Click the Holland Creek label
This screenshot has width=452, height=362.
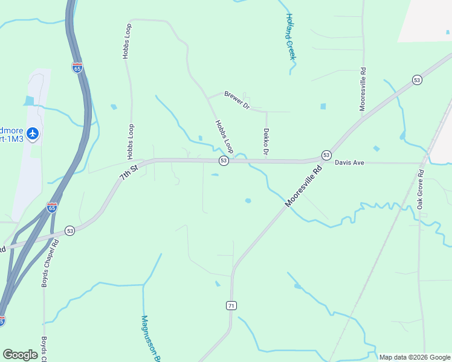coord(290,36)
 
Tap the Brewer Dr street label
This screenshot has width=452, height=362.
coord(237,100)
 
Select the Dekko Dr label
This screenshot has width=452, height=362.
coord(265,142)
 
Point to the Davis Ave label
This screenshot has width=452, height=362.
coord(350,162)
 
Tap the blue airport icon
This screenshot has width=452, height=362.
coord(33,133)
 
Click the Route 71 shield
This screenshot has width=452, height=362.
coord(231,306)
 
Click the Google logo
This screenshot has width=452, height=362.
coord(20,355)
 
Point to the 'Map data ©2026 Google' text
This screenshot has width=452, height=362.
coord(414,357)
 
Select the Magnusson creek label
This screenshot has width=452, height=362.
coord(149,338)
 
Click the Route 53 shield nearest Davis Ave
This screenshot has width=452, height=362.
coord(326,155)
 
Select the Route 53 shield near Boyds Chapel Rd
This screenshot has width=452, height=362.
coord(70,230)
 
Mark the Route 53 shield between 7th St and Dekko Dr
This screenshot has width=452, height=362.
coord(224,160)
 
